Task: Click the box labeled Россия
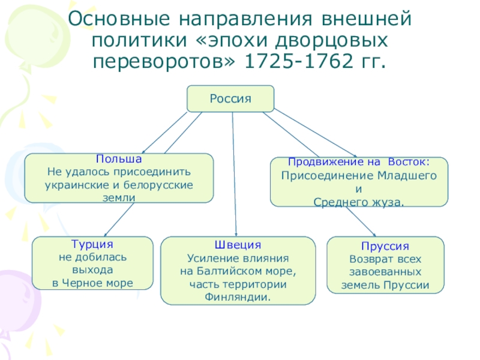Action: pyautogui.click(x=230, y=98)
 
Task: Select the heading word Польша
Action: pyautogui.click(x=119, y=159)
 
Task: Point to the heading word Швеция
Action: pyautogui.click(x=238, y=245)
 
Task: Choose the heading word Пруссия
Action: pyautogui.click(x=385, y=247)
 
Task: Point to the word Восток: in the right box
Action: pyautogui.click(x=409, y=162)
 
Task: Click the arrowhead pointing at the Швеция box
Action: pyautogui.click(x=236, y=233)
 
